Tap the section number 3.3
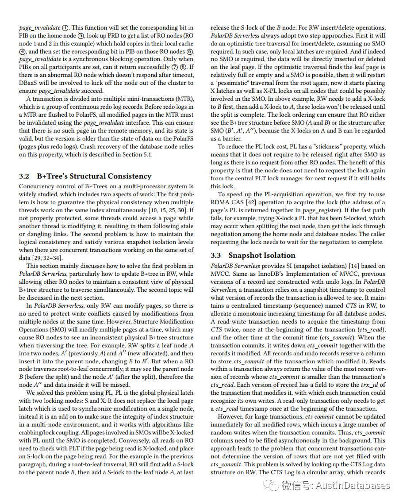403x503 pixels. [x=216, y=255]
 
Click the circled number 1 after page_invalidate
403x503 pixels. [x=65, y=28]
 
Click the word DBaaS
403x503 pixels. [x=29, y=83]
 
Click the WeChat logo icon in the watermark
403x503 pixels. [x=271, y=485]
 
